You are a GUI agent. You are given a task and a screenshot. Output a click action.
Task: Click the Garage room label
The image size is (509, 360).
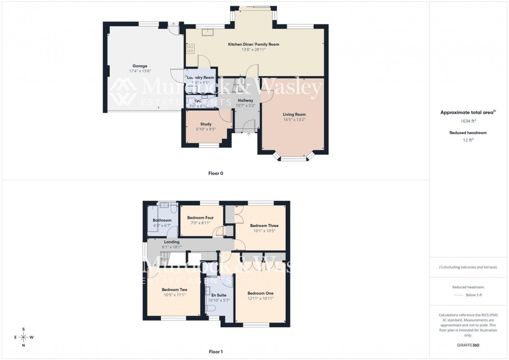click(140, 66)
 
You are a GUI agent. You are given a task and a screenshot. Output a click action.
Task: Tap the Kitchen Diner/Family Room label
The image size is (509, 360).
click(253, 44)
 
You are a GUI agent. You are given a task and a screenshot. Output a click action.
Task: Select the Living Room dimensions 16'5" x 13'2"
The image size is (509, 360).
click(294, 120)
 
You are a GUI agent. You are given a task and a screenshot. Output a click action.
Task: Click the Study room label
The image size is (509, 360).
click(206, 124)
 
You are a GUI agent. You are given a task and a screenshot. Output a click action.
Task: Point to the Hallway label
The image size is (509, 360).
click(245, 100)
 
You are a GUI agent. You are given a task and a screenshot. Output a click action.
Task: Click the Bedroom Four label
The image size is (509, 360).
click(200, 217)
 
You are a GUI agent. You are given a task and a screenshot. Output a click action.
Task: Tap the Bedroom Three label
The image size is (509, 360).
click(264, 225)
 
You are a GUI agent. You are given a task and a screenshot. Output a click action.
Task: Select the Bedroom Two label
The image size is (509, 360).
click(174, 289)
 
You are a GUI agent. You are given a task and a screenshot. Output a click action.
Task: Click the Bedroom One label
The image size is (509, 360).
click(260, 293)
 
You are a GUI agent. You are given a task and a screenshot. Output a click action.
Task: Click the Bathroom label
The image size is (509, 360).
click(162, 220)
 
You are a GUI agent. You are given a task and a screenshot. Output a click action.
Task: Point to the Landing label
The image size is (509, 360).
click(171, 242)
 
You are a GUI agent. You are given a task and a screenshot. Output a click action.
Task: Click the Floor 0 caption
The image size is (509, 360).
click(215, 173)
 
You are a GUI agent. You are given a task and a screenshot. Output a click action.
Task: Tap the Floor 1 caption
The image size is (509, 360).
click(215, 352)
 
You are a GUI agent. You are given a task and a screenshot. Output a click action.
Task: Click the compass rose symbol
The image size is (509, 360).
click(24, 337)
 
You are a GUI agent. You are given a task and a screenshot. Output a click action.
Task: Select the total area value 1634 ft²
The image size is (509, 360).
click(468, 121)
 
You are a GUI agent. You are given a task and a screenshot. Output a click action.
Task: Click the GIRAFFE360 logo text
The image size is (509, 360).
click(468, 345)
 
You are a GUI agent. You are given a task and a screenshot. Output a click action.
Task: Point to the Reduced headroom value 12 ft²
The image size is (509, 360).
click(468, 140)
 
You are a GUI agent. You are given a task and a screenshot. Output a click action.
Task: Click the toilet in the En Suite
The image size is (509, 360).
click(210, 308)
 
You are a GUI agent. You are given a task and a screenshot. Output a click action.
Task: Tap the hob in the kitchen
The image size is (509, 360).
click(191, 48)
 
